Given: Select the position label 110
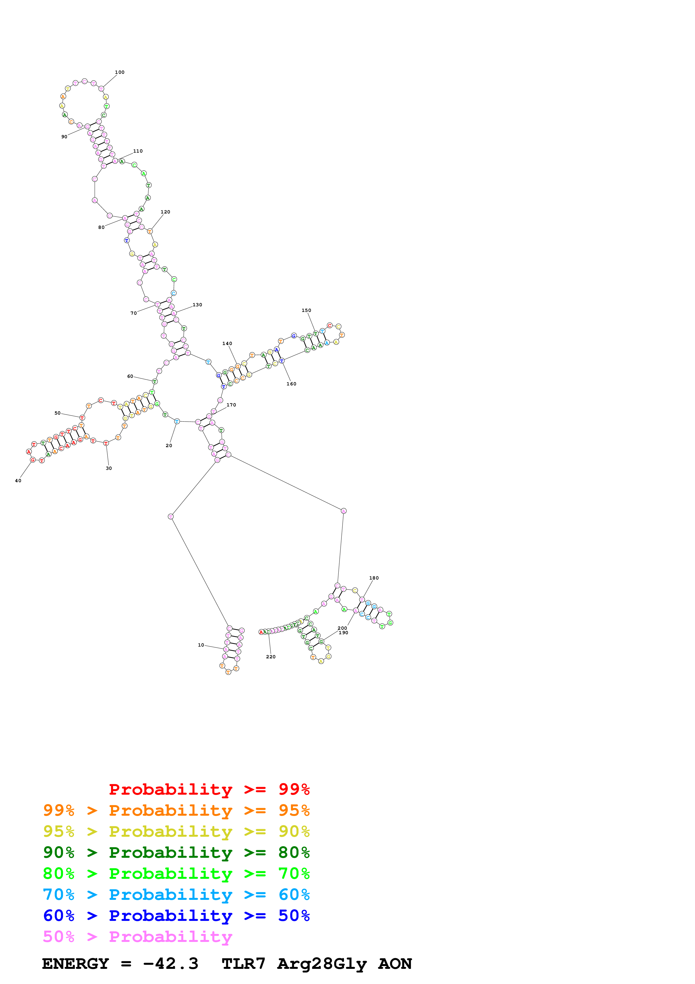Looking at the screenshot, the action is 138,151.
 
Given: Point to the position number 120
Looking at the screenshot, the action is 165,212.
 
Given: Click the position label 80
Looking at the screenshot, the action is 101,227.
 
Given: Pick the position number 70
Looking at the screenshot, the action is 134,313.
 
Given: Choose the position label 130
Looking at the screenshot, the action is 197,305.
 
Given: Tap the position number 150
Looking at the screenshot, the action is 307,311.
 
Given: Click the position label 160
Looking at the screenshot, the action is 292,384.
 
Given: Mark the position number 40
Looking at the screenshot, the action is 18,481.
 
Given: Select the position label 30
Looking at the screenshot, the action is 109,468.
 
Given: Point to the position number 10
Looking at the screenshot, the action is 201,645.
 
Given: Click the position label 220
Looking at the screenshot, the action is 271,657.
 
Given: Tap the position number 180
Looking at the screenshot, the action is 374,578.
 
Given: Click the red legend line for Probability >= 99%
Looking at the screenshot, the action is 209,789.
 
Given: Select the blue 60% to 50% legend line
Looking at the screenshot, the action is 176,916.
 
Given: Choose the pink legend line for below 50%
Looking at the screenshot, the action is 138,937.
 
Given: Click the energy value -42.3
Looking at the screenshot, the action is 171,964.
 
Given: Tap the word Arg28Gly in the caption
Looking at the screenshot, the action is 322,964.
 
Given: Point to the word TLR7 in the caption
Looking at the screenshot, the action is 244,964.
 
